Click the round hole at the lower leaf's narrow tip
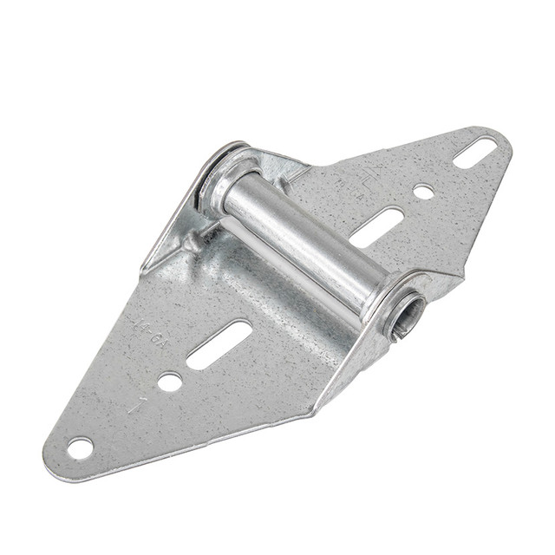click(80, 447)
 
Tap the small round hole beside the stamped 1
click(170, 381)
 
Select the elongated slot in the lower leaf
click(219, 343)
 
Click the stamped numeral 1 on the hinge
click(134, 404)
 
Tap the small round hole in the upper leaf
click(423, 191)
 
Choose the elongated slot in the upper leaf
click(376, 227)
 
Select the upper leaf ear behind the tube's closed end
click(277, 165)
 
